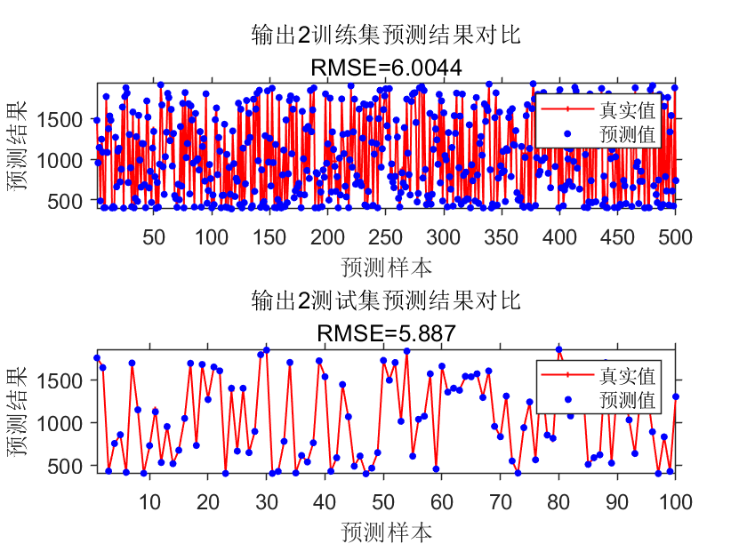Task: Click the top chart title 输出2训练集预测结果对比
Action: coord(385,36)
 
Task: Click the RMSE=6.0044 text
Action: coord(385,67)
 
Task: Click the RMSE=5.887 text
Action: coord(385,333)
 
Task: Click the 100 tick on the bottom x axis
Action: coord(674,502)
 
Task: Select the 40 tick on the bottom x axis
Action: coord(325,502)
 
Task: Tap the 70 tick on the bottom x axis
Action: coord(500,502)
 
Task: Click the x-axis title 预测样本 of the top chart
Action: coord(385,266)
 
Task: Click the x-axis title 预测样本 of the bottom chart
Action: coord(385,532)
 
